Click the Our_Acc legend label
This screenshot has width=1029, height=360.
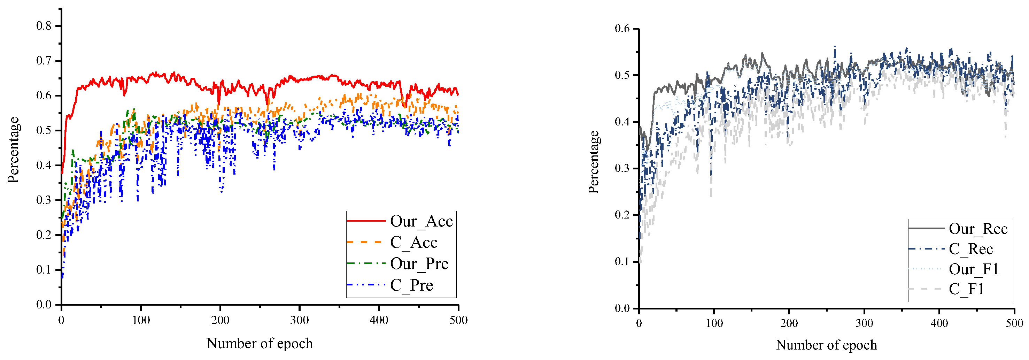click(x=421, y=221)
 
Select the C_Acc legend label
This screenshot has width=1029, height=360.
click(x=413, y=243)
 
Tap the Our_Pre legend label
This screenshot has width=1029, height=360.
click(x=419, y=264)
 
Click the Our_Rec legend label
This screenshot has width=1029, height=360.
click(x=978, y=229)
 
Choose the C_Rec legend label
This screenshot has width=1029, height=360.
click(x=971, y=249)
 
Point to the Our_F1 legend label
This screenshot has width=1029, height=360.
click(x=974, y=269)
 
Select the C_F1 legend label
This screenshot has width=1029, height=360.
click(x=966, y=289)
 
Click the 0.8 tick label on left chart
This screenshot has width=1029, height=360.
click(x=44, y=26)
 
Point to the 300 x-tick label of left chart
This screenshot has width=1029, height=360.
click(x=300, y=320)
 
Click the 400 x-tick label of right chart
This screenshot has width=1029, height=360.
click(x=939, y=323)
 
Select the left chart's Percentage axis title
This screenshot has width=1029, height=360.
click(x=13, y=150)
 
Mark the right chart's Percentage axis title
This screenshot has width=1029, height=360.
click(x=594, y=162)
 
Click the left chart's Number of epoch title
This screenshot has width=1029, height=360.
click(x=260, y=343)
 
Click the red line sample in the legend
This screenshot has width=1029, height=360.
click(x=366, y=221)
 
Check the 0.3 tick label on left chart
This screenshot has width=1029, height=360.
click(x=44, y=200)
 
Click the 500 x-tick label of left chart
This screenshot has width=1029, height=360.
click(x=458, y=320)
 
